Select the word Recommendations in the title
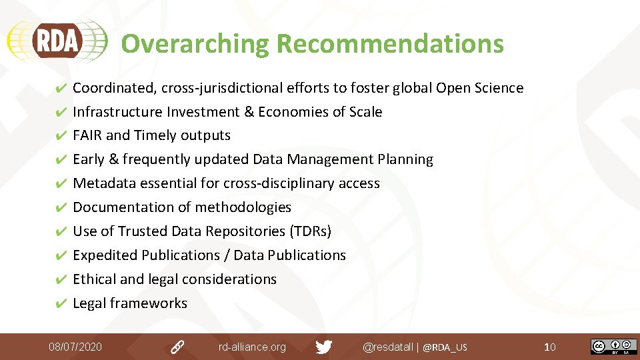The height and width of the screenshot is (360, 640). tap(390, 44)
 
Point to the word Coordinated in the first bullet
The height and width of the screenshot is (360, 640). tap(115, 88)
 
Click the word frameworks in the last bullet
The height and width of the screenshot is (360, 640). tap(149, 303)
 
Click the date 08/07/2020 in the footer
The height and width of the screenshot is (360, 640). tap(75, 347)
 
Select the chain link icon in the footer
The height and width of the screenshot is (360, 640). tap(177, 347)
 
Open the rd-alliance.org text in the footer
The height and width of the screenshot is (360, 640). tap(252, 347)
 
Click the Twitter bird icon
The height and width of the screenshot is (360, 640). tap(324, 347)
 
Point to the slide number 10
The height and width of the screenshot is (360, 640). tap(550, 347)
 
